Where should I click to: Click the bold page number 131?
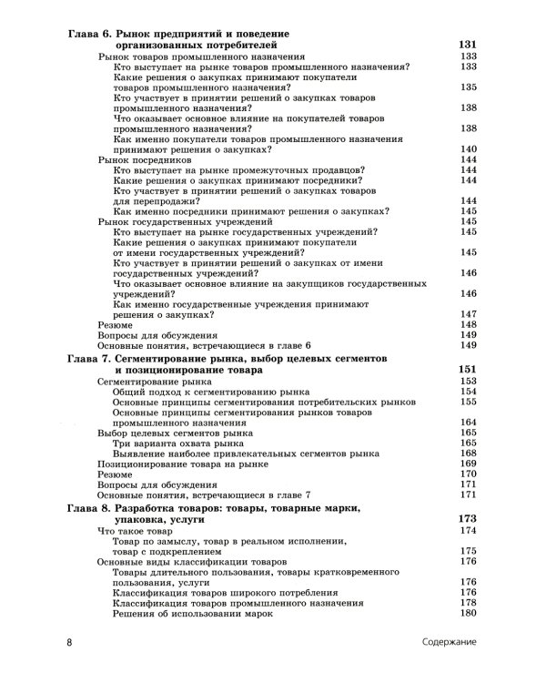point(466,45)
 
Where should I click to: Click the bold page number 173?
point(466,518)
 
